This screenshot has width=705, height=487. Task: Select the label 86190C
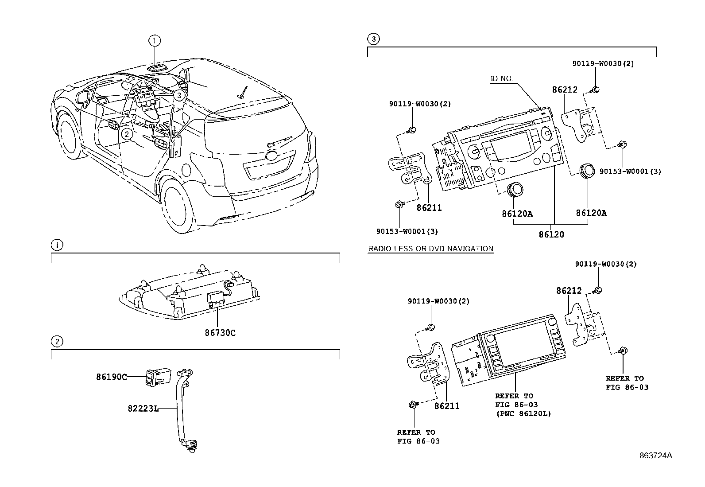[112, 377]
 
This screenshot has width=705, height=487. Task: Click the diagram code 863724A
[655, 456]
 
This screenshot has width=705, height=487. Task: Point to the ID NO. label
[501, 78]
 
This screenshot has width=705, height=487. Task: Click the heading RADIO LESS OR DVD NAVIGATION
[430, 249]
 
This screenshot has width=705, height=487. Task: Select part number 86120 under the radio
[551, 234]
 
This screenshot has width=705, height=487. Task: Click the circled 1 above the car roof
[154, 41]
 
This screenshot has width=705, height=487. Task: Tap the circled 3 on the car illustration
[178, 95]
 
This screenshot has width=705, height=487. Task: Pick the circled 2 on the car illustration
[127, 133]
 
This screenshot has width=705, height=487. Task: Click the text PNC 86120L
[523, 414]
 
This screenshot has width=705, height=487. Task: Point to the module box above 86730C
[216, 298]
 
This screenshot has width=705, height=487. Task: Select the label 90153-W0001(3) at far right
[630, 171]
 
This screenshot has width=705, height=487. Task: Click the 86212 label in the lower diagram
[569, 291]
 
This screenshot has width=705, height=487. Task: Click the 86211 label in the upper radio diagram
[429, 207]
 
